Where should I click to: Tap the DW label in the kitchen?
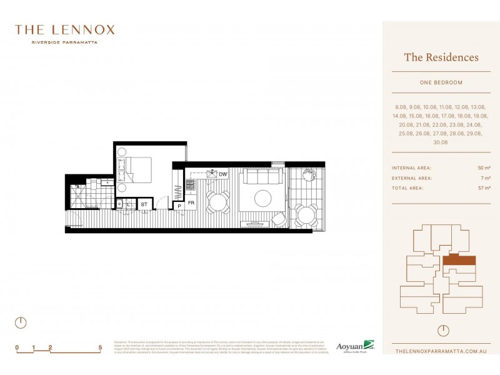coord(223,174)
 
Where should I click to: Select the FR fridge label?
coord(191,203)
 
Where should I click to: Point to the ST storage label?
coord(144,204)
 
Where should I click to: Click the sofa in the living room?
coord(260,179)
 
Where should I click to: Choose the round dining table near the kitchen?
coord(218,201)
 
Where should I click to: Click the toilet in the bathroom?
coord(119,204)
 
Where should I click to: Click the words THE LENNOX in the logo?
coord(64,29)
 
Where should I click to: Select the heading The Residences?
coord(441,57)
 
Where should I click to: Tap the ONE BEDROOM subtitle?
coord(441,82)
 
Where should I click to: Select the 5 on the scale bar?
coord(100,346)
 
